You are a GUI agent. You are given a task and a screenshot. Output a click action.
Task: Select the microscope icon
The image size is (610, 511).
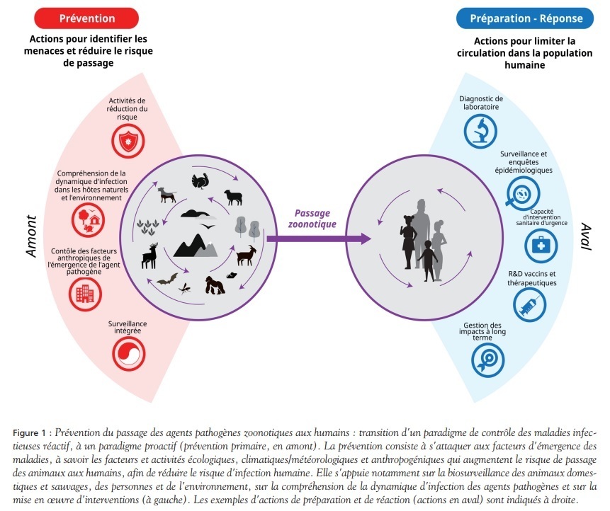[x=480, y=130]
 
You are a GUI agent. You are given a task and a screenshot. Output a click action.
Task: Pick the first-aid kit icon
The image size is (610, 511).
[x=540, y=245]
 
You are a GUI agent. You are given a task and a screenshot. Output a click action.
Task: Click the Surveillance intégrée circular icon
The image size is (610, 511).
[x=128, y=350]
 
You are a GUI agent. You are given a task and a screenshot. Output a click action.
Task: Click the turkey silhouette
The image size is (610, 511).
[x=201, y=182]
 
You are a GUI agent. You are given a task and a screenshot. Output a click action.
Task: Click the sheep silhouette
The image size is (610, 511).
[x=233, y=196]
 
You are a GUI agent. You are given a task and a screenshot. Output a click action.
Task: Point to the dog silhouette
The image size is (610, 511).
[x=167, y=193]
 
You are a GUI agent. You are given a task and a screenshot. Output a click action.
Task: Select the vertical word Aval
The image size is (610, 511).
[x=585, y=236]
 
